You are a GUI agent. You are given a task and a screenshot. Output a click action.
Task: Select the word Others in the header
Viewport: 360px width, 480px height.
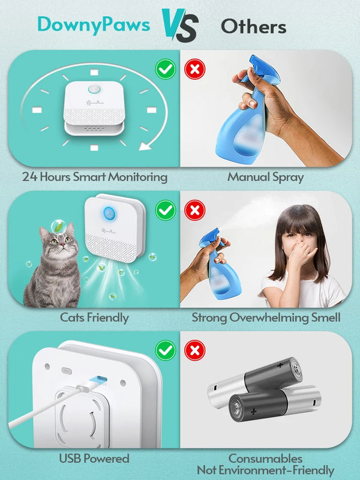click(x=253, y=26)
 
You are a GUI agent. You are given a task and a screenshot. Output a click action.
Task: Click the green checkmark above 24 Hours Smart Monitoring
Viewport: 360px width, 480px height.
click(x=166, y=69)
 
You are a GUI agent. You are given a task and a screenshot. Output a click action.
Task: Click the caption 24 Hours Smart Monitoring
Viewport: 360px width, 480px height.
click(x=95, y=177)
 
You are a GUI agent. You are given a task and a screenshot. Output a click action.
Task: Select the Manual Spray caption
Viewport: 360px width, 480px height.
click(x=266, y=177)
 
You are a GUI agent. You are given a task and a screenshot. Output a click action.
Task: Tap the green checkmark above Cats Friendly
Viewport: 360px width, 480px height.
click(x=166, y=211)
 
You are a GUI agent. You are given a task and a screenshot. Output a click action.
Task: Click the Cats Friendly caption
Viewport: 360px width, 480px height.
click(x=94, y=317)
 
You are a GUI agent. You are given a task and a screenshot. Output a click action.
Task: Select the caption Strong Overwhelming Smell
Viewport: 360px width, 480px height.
click(x=266, y=317)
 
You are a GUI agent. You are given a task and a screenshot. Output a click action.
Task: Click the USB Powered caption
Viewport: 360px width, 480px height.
click(x=94, y=458)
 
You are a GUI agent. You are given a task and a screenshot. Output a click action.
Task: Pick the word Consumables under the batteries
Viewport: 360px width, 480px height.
click(x=266, y=458)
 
